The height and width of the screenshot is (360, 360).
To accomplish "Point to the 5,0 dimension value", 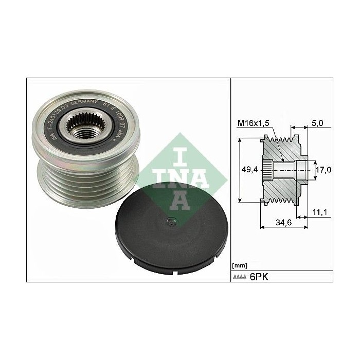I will point(318,123).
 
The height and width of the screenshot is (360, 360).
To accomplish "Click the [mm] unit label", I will point(239,265).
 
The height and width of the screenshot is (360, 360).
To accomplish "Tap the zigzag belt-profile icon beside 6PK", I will point(241,277).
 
